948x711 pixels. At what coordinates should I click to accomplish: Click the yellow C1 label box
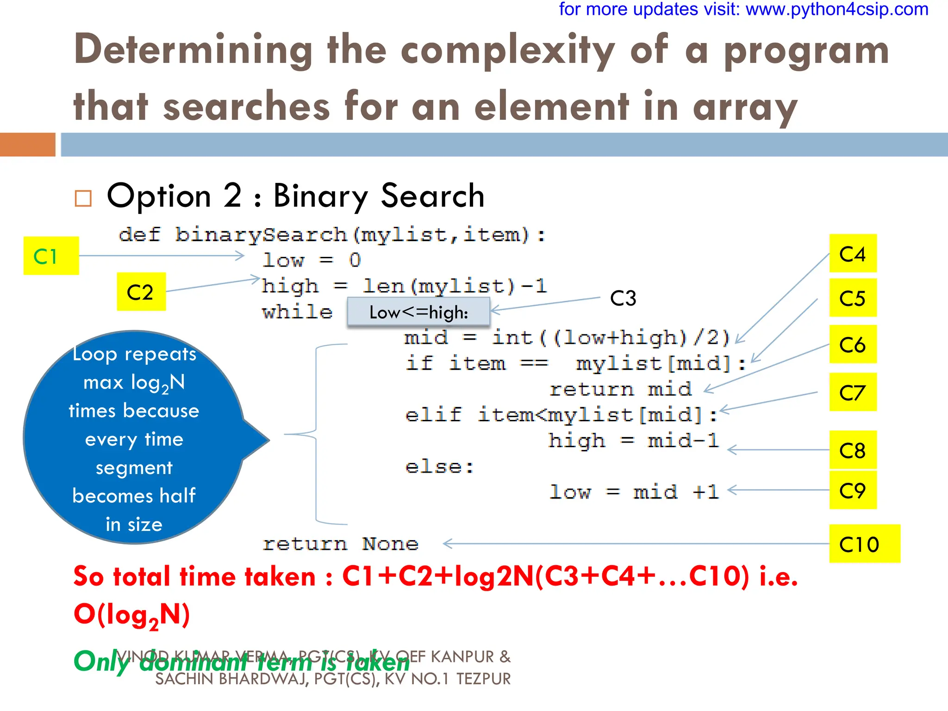[x=51, y=256]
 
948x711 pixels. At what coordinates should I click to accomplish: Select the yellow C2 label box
[x=141, y=292]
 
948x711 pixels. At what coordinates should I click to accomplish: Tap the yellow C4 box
[x=852, y=254]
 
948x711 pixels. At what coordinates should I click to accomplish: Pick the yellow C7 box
[x=852, y=392]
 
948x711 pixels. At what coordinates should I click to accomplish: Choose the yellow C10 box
[x=864, y=544]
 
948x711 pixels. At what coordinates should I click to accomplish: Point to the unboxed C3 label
[x=623, y=298]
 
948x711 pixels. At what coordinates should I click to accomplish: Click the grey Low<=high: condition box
[x=418, y=312]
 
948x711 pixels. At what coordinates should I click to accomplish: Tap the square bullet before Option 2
[x=83, y=198]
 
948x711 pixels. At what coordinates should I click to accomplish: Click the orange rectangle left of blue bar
[x=27, y=144]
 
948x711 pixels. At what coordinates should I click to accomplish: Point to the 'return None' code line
[x=340, y=543]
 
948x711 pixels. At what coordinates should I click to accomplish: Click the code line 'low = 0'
[x=311, y=260]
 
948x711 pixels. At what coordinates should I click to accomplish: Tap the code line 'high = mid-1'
[x=633, y=441]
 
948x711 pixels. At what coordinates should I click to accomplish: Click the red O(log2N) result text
[x=132, y=615]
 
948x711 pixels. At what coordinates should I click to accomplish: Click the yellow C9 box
[x=852, y=490]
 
